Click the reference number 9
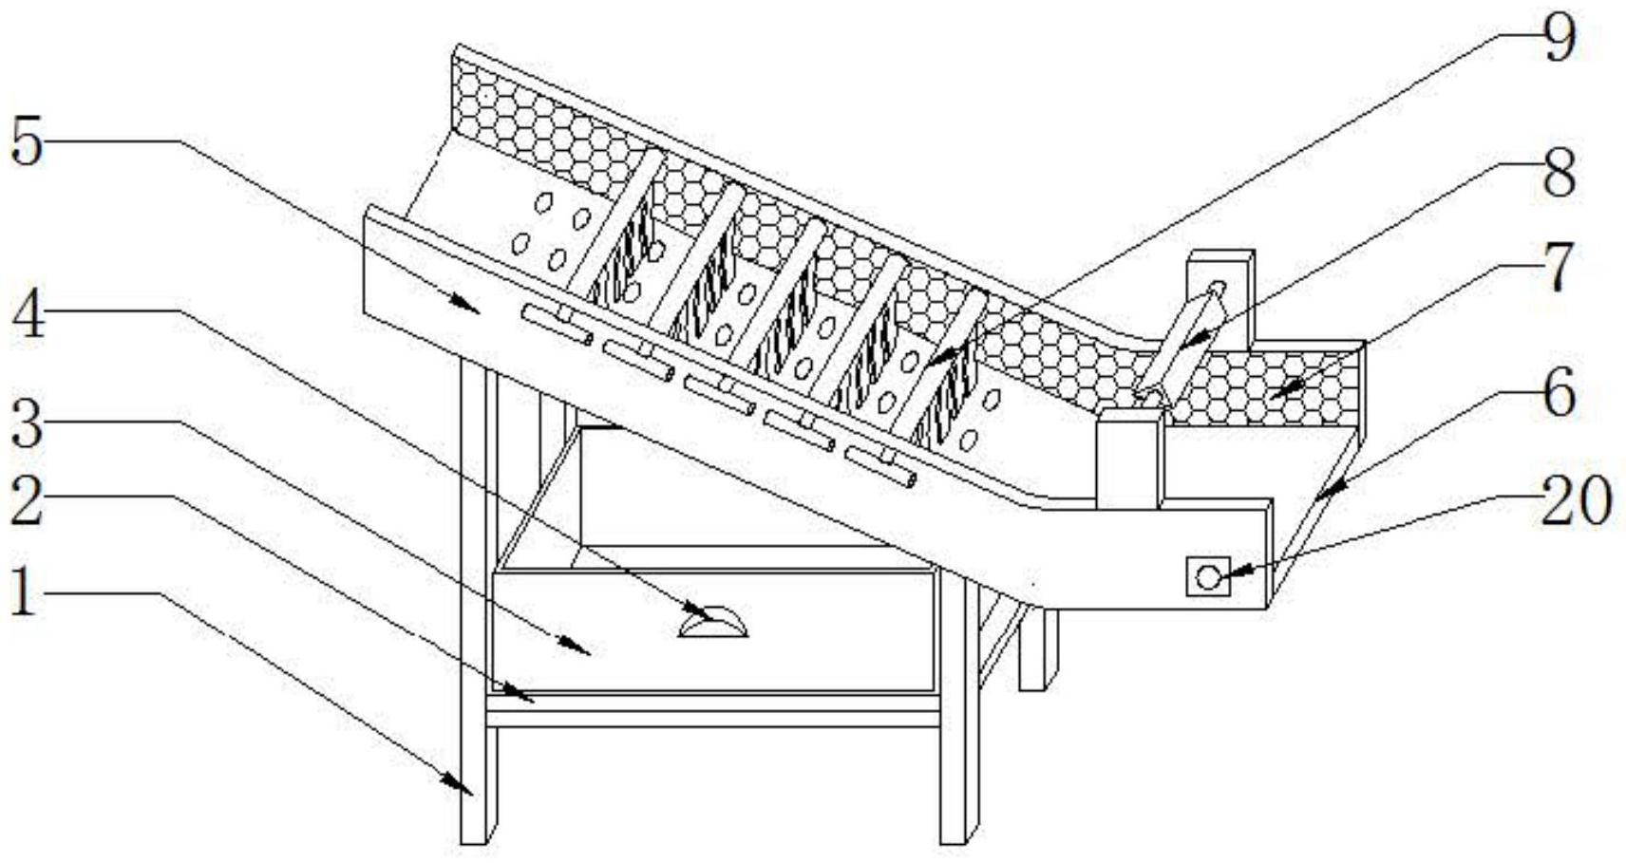1559,38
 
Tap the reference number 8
1559,173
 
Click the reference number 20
1575,501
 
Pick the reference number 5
27,142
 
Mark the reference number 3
27,426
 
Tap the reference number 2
27,501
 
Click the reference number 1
23,594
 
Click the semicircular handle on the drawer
713,624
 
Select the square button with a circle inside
1207,576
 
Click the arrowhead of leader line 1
465,788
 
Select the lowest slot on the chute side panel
880,466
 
